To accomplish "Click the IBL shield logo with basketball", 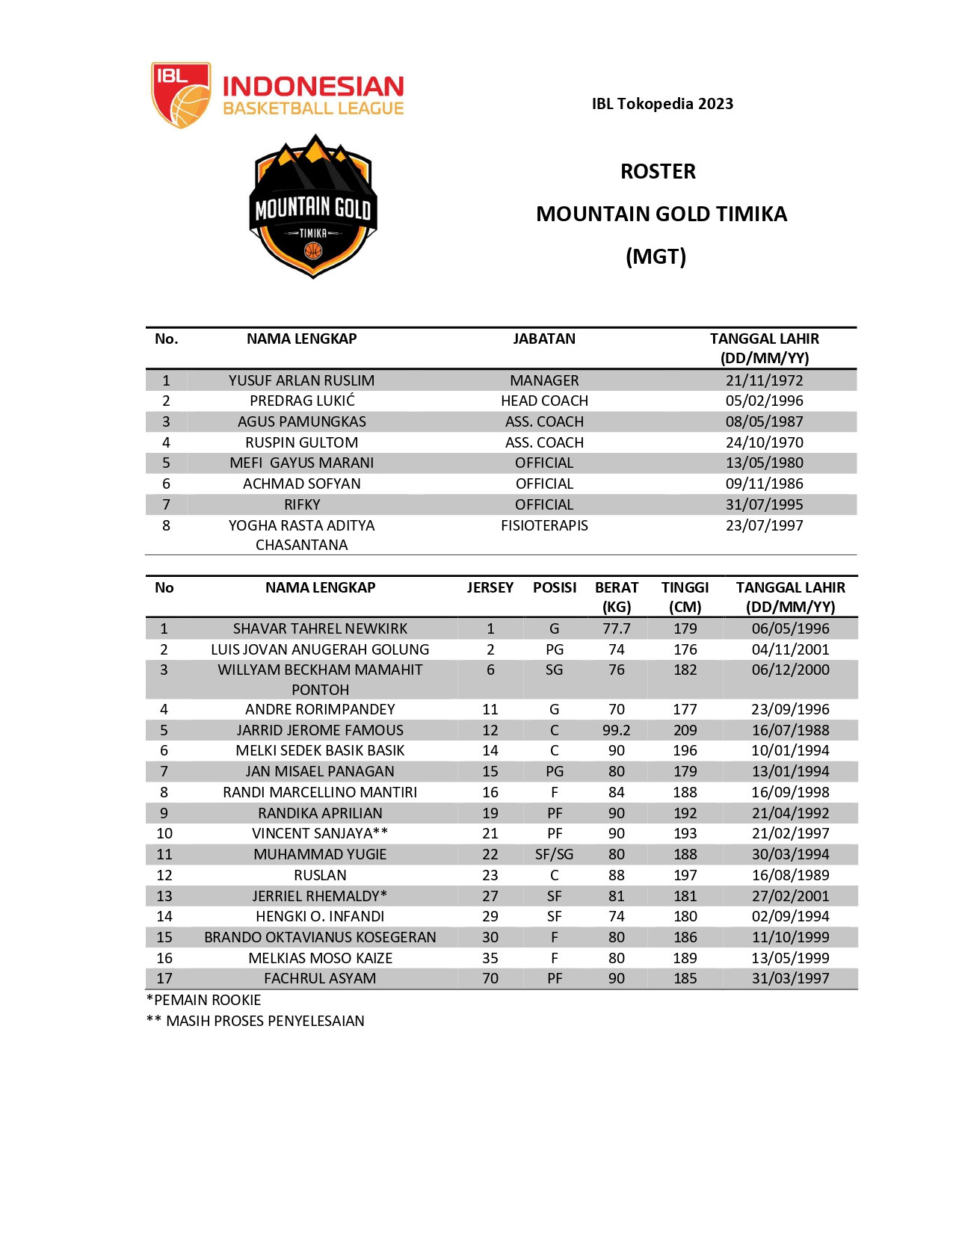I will (x=180, y=95).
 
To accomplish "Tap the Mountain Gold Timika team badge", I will (x=313, y=207).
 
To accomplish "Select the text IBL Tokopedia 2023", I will (x=662, y=104).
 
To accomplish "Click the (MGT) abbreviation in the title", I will (x=656, y=256).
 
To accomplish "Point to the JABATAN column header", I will (x=544, y=339).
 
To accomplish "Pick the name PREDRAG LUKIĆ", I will (x=302, y=401).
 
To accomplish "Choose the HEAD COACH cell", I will (x=544, y=401).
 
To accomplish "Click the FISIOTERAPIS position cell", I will (x=544, y=525).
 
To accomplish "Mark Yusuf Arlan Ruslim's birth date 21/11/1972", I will (x=764, y=380).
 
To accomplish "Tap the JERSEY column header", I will (x=490, y=587).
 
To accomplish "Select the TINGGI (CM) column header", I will (x=685, y=596).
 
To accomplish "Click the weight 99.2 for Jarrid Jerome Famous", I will (x=617, y=730).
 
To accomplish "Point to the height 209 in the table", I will (x=685, y=730).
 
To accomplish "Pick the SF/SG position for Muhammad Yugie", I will (x=554, y=854).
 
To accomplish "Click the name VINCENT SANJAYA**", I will (x=320, y=833).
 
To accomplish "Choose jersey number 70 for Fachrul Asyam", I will (x=490, y=978).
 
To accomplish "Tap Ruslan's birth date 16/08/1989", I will (x=790, y=875).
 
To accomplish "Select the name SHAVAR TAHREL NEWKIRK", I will (x=320, y=628).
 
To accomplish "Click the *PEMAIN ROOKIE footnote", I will (x=204, y=1000).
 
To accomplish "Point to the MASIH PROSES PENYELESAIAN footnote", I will (x=265, y=1021).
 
